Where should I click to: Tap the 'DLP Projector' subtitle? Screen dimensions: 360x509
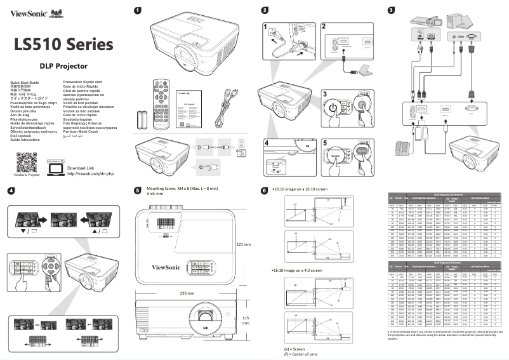[x=63, y=65]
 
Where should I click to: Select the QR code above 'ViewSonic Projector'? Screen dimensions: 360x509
[x=27, y=145]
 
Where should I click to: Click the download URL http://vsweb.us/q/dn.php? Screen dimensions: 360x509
[x=90, y=156]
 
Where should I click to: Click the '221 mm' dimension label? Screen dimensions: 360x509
[x=243, y=244]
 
